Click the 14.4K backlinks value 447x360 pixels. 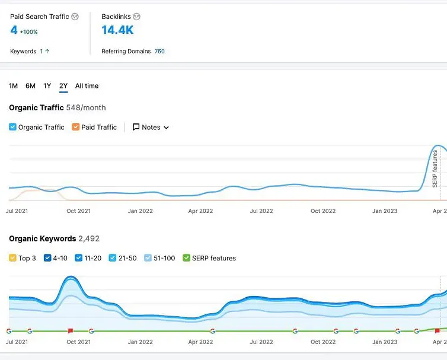(x=117, y=30)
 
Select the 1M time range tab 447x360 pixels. (x=13, y=86)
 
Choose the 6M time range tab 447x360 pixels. (x=30, y=86)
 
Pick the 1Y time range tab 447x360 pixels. (x=47, y=86)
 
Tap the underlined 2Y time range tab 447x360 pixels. (x=63, y=86)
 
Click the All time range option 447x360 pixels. (x=87, y=86)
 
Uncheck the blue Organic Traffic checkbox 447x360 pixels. (x=12, y=127)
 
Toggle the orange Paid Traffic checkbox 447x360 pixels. (x=75, y=127)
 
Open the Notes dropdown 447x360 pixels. (x=151, y=127)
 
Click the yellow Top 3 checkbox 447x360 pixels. (x=12, y=258)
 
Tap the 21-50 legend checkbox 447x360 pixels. (x=112, y=258)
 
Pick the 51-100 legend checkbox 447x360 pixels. (x=148, y=258)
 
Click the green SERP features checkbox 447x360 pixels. (x=186, y=258)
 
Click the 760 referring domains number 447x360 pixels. (x=159, y=52)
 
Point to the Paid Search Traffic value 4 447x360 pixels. (x=14, y=30)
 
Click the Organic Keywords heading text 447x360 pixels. (x=42, y=238)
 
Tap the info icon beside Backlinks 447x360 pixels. (x=136, y=17)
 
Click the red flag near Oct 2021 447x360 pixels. (x=71, y=331)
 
